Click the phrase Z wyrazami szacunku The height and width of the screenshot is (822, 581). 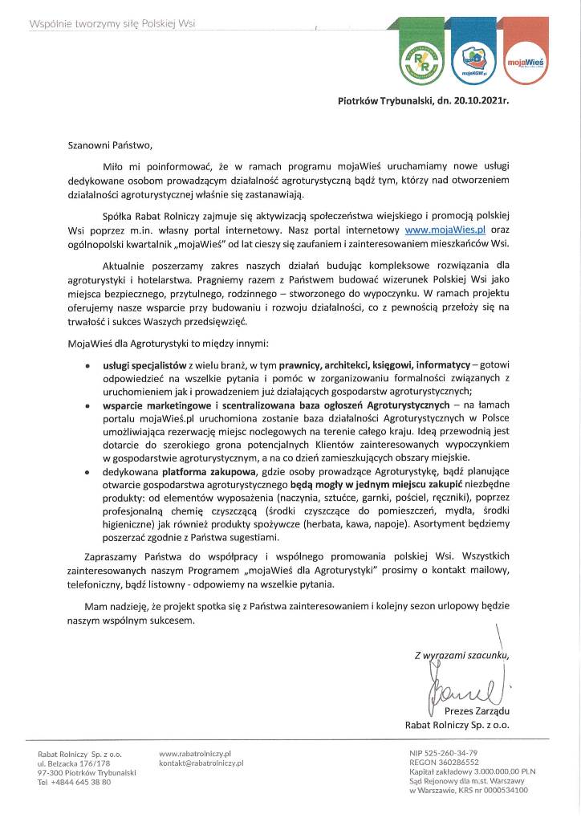[x=461, y=654]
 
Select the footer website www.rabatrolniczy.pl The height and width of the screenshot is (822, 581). [x=196, y=754]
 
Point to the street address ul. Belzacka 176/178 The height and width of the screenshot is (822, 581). [x=75, y=763]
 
